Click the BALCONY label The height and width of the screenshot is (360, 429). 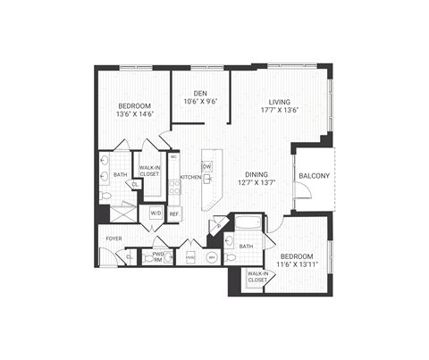point(314,175)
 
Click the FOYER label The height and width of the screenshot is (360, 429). point(114,239)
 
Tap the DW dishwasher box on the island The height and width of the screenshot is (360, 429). point(206,166)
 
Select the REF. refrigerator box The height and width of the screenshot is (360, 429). point(173,213)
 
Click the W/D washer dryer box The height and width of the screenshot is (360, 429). point(155,213)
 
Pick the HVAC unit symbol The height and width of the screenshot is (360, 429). point(190,256)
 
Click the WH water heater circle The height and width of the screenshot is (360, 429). point(211,256)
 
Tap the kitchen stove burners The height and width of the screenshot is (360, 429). point(174,188)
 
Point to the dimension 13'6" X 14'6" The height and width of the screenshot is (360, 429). point(136,113)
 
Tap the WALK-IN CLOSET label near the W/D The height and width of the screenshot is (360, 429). point(148,170)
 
